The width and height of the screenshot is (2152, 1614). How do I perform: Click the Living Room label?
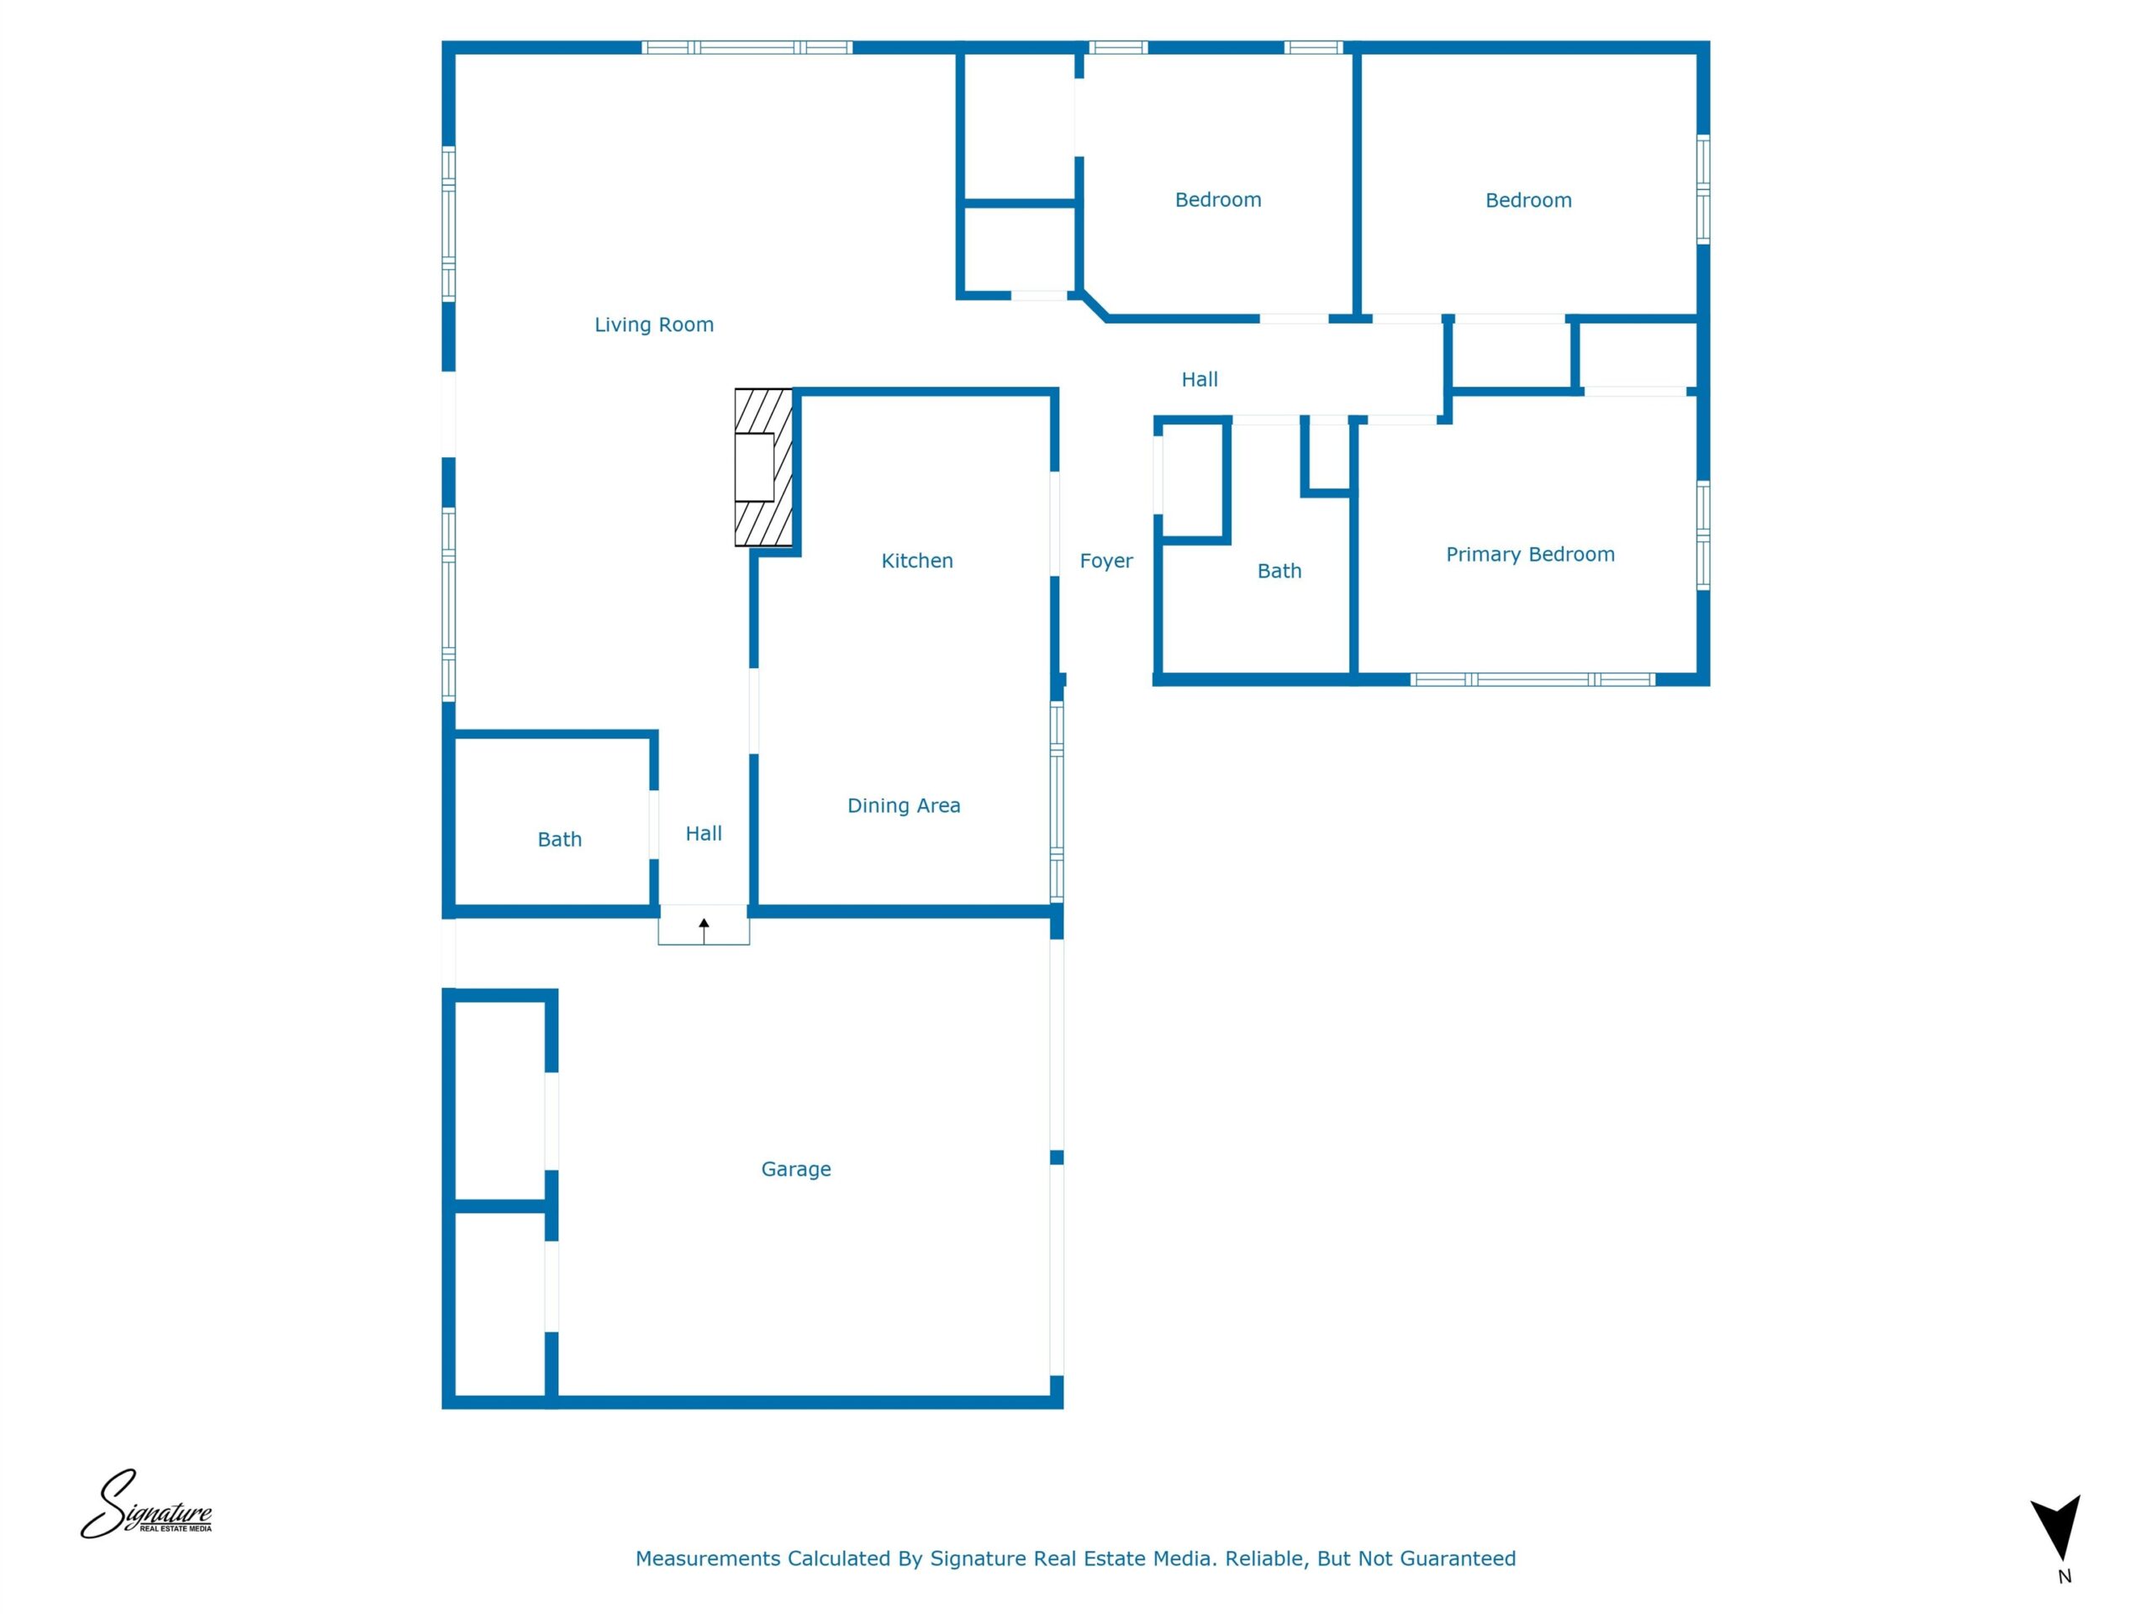(x=654, y=325)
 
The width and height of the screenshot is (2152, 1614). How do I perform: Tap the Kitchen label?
(x=916, y=561)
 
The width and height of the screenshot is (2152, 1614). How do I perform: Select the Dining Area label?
(x=904, y=805)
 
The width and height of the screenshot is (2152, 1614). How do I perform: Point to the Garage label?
(x=796, y=1169)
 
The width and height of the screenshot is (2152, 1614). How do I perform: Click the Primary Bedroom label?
(x=1530, y=555)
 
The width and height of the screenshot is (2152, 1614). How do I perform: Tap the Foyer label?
(x=1106, y=562)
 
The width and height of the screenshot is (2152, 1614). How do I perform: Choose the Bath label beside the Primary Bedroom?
(x=1279, y=571)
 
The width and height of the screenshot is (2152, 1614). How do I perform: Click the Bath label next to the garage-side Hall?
(x=559, y=840)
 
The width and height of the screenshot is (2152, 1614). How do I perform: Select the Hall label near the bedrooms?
(x=1200, y=379)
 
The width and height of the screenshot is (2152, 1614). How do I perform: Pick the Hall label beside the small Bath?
(x=704, y=834)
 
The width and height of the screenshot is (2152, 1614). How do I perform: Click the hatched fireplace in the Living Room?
(x=763, y=468)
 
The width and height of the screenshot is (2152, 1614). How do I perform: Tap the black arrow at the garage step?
(x=704, y=931)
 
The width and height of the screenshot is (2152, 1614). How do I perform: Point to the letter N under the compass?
(x=2065, y=1577)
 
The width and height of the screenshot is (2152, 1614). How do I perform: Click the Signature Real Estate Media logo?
(x=146, y=1504)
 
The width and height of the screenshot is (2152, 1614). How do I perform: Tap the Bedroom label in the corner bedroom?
(x=1528, y=200)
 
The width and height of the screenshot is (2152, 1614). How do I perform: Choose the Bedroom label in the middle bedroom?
(x=1218, y=199)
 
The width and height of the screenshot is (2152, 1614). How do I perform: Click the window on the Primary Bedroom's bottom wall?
(x=1532, y=680)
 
